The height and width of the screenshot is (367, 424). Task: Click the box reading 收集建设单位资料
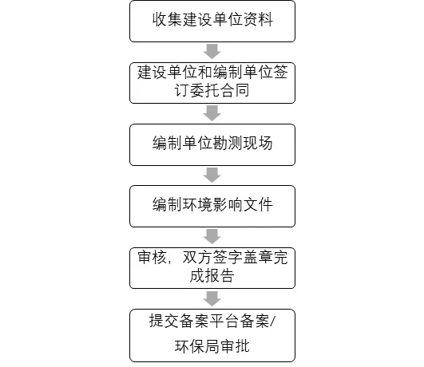coord(212,22)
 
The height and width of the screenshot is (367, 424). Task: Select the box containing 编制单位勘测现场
coord(212,145)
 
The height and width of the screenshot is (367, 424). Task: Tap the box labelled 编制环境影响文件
coord(212,206)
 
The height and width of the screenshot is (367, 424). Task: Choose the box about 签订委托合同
coord(212,83)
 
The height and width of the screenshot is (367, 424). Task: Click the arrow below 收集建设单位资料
coord(212,51)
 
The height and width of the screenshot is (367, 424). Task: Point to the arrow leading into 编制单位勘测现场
coord(212,113)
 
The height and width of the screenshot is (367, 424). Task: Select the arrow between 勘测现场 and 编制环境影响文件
coord(212,175)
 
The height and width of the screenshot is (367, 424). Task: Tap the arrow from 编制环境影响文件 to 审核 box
coord(212,236)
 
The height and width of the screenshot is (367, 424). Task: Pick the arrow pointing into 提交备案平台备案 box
coord(212,298)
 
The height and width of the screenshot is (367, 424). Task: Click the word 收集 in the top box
coord(167,20)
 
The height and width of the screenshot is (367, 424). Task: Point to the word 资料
coord(258,20)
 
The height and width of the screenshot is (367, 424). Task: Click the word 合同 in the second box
coord(235,90)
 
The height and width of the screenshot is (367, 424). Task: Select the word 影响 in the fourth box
coord(228,204)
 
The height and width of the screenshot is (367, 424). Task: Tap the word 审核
coord(152,257)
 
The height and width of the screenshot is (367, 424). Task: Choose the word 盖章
coord(258,257)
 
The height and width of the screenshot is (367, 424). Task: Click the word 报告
coord(220,276)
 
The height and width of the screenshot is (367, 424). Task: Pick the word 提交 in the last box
coord(164,321)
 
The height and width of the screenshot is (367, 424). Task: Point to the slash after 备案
coord(272,322)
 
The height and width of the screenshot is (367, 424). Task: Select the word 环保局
coord(197,346)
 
